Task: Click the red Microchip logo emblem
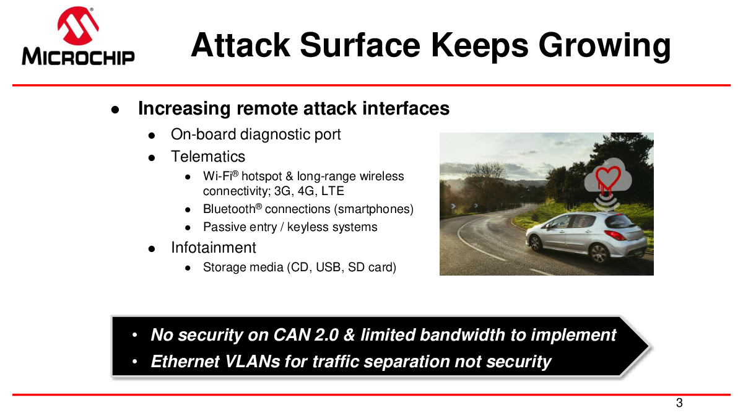(78, 26)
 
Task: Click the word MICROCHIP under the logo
(78, 57)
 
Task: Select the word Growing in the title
(604, 46)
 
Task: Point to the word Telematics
(208, 157)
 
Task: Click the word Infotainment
(214, 248)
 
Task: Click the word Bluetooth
(229, 209)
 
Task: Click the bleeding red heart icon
(608, 180)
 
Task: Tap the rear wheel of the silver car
(599, 254)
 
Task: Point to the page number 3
(679, 403)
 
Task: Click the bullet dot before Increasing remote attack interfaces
(115, 110)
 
